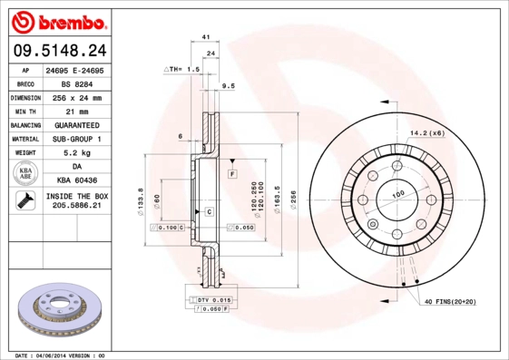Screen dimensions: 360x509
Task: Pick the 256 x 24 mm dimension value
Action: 76,96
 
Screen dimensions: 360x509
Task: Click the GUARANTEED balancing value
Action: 76,124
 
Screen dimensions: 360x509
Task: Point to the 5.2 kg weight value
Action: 76,152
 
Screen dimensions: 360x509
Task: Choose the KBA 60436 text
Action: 76,181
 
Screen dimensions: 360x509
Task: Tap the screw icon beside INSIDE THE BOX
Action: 22,201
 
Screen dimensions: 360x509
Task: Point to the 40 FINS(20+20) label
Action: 450,301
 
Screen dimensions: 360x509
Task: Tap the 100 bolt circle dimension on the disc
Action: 397,194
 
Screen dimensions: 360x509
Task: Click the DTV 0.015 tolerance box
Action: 210,299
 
